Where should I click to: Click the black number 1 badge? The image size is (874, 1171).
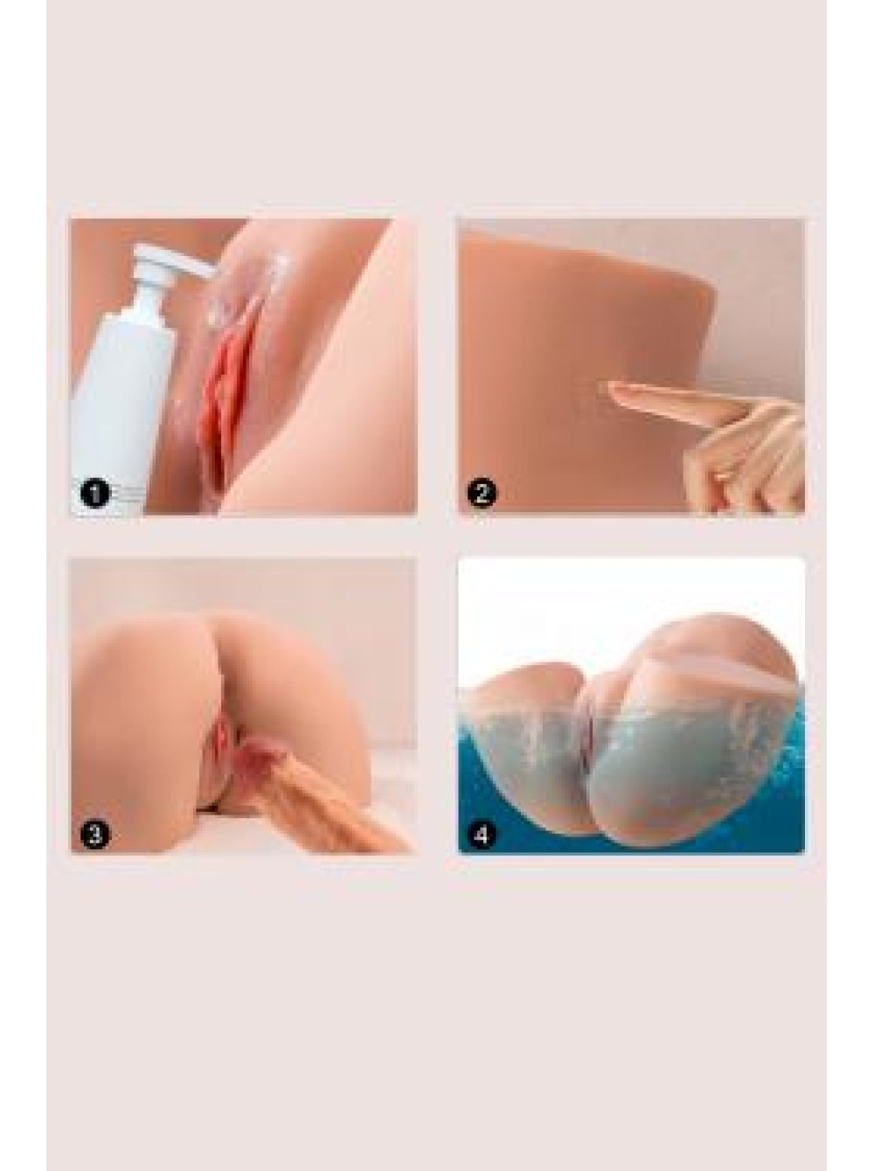coord(94,494)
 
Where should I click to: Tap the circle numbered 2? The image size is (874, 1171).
coord(482,494)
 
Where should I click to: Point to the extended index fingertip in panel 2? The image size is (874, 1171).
coord(606,388)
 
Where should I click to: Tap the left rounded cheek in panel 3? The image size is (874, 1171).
coord(144,715)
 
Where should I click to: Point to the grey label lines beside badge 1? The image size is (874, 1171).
coord(128,494)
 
